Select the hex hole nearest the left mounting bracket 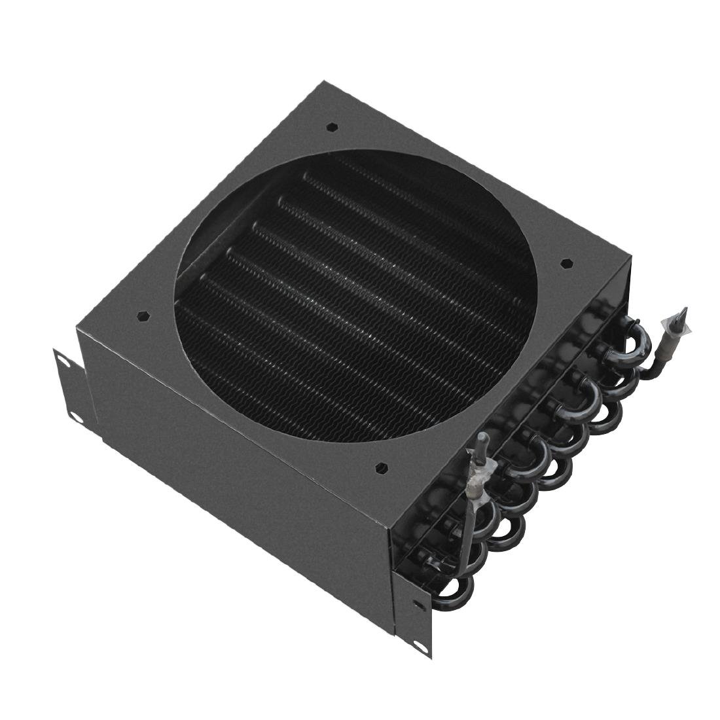click(x=142, y=315)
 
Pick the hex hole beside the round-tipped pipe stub click(x=381, y=467)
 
